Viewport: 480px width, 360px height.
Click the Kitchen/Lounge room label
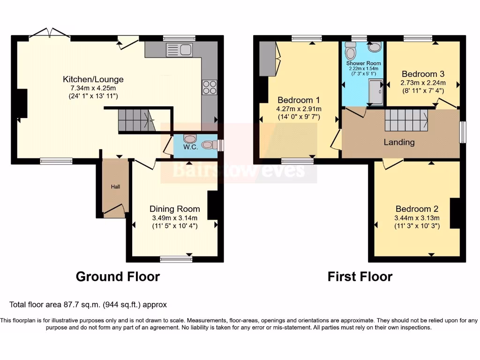[x=93, y=79]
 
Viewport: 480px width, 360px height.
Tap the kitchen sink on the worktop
[x=179, y=49]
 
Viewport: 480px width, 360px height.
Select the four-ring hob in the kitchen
[x=209, y=87]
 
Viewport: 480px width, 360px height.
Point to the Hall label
[x=115, y=187]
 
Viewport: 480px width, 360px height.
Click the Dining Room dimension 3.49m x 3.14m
[x=174, y=217]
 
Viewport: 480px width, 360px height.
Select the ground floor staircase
[x=136, y=120]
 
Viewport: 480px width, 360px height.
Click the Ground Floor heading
[x=118, y=277]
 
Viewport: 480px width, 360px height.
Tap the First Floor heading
[x=360, y=277]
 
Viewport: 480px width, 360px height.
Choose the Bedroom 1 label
[x=299, y=100]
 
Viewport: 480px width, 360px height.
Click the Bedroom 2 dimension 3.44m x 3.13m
[x=416, y=217]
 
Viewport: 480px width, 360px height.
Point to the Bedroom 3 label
[x=423, y=74]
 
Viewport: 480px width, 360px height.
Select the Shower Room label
[x=363, y=63]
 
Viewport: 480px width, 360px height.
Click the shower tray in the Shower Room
[x=376, y=91]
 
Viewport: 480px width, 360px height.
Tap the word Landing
[x=399, y=142]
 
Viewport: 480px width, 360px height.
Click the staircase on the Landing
[x=406, y=120]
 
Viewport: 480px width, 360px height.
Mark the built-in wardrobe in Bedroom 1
[x=268, y=59]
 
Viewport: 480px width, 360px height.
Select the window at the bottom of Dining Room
[x=175, y=258]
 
